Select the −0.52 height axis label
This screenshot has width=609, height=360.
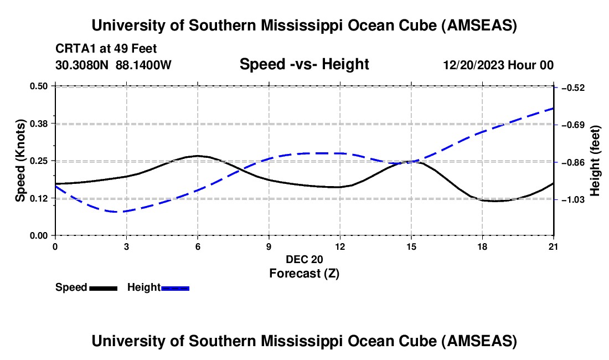pyautogui.click(x=572, y=88)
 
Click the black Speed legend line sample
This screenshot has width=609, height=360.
pyautogui.click(x=103, y=287)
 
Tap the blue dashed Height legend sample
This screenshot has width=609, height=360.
pyautogui.click(x=176, y=287)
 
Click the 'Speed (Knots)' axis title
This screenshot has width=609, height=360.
pyautogui.click(x=20, y=161)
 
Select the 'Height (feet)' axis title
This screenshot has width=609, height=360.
pyautogui.click(x=595, y=161)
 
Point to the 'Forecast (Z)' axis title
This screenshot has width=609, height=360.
pyautogui.click(x=304, y=273)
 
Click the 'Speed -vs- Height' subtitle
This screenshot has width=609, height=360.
pyautogui.click(x=304, y=64)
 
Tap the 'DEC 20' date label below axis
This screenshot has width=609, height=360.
pyautogui.click(x=304, y=259)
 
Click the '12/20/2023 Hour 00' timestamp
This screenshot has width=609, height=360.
pyautogui.click(x=498, y=65)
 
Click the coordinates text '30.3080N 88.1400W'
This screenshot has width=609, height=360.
pyautogui.click(x=113, y=65)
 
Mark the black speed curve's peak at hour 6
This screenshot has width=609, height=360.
pyautogui.click(x=198, y=156)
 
